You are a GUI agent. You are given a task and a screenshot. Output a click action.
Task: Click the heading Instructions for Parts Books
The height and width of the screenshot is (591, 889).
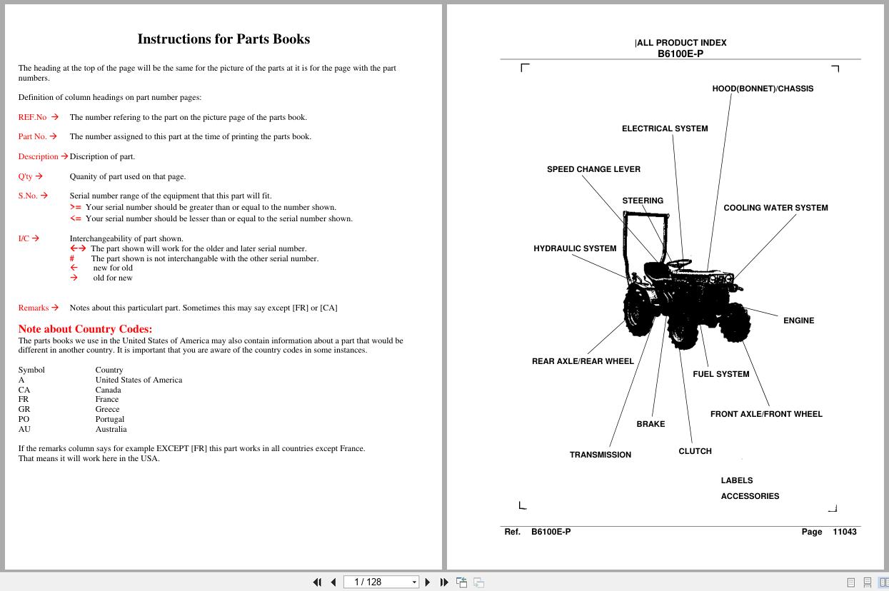(x=223, y=39)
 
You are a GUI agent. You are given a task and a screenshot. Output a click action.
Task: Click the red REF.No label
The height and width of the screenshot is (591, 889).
(x=32, y=117)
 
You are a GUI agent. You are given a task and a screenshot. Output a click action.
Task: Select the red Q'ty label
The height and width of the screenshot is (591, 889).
(x=25, y=176)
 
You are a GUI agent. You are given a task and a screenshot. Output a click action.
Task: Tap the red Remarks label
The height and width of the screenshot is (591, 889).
(x=33, y=308)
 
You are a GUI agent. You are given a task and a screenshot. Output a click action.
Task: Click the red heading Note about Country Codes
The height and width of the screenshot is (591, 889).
(x=85, y=329)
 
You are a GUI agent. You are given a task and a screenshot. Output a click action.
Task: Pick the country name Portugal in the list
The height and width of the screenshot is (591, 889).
(x=110, y=419)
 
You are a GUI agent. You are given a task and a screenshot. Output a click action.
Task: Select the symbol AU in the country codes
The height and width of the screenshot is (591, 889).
(x=24, y=429)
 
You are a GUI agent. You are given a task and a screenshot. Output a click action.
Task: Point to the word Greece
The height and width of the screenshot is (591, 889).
(x=107, y=409)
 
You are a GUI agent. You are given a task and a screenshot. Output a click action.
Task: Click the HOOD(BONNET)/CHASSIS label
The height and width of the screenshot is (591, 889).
(x=763, y=89)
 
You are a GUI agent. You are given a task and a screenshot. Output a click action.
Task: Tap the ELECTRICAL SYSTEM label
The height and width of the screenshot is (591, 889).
(x=665, y=128)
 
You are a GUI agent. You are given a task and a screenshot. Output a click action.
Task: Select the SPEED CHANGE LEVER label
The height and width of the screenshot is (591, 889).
(x=593, y=169)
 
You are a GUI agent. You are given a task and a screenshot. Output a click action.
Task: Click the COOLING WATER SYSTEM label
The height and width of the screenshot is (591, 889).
(x=775, y=208)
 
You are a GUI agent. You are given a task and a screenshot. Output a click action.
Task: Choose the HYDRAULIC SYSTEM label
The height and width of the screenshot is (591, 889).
(x=575, y=248)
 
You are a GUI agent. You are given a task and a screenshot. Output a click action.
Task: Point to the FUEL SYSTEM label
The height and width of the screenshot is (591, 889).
(x=720, y=374)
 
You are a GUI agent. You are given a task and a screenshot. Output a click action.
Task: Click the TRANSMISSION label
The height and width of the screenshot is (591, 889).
(x=601, y=455)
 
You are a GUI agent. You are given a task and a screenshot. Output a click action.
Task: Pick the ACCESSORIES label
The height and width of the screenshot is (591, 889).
(x=750, y=496)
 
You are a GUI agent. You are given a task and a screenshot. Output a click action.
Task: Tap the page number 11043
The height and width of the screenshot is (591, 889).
(x=844, y=532)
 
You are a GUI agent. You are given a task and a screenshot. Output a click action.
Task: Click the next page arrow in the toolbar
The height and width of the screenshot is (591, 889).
(x=428, y=582)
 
